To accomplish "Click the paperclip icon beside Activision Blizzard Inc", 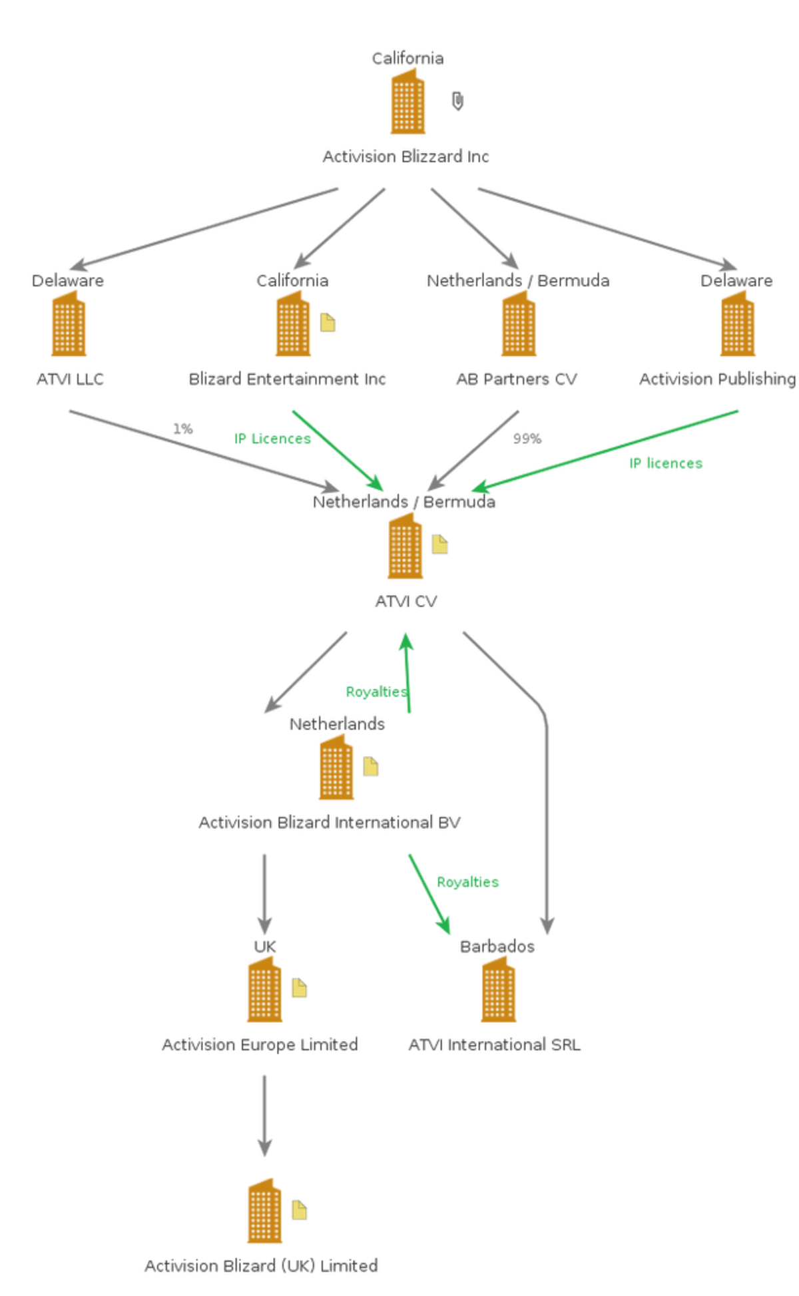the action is coord(457,101).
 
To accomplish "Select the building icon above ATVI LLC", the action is coord(69,324).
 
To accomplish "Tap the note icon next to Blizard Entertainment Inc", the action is coord(328,323).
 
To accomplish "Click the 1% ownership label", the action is coord(183,429).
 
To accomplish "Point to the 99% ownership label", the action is coord(527,439).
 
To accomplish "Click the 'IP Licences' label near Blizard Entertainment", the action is coord(272,439).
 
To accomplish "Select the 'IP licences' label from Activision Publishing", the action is coord(666,463).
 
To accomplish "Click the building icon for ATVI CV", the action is coord(405,546).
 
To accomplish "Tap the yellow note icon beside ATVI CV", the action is coord(439,544).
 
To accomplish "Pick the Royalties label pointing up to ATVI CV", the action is coord(376,692).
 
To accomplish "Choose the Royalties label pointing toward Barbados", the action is coord(467,882).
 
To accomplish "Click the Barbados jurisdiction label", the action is coord(497,946).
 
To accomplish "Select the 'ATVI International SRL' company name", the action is coord(495,1044).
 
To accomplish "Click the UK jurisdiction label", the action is coord(265,946).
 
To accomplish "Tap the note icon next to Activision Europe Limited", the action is coord(300,988).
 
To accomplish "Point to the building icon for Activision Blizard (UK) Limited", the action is coord(264,1211).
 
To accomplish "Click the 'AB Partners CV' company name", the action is coord(517,379).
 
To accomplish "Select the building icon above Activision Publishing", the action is coord(738,324).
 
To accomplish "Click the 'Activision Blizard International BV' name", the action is coord(330,822).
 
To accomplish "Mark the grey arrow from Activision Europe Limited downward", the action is coord(264,1116).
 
